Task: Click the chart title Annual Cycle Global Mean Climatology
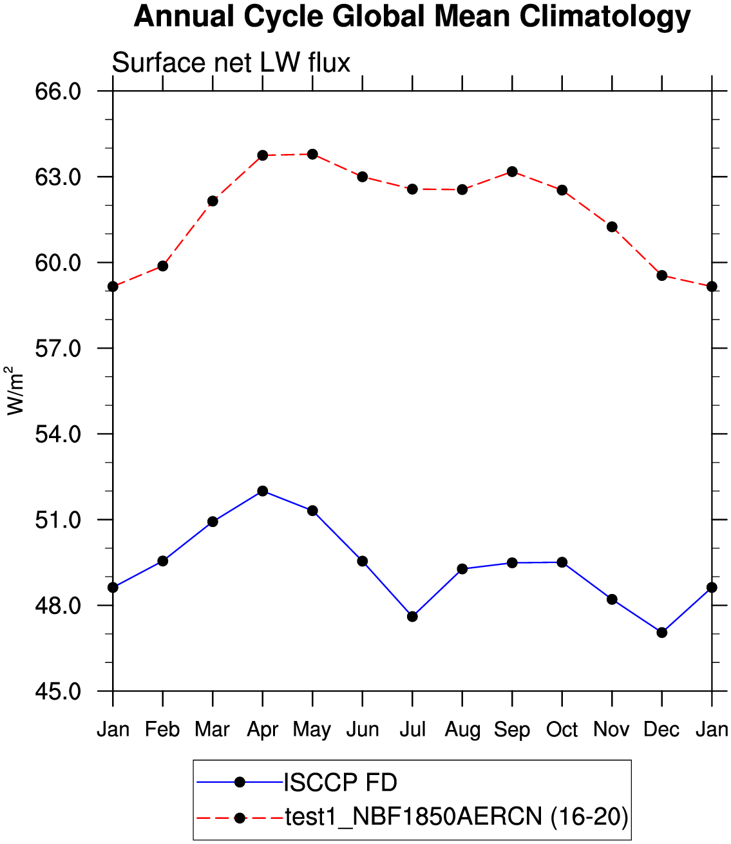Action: coord(412,17)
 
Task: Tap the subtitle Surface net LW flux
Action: coord(231,63)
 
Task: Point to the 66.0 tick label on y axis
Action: coord(58,91)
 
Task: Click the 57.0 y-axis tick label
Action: coord(58,349)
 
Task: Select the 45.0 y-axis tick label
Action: coord(58,691)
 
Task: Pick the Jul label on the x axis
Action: coord(412,729)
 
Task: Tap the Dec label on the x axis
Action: coord(661,729)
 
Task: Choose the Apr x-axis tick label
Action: coord(262,729)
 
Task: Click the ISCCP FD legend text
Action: coord(340,783)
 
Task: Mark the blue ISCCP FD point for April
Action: coord(263,491)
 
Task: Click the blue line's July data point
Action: coord(412,617)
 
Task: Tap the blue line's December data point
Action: coord(662,633)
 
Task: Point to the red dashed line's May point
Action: coord(312,154)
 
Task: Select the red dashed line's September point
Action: coord(512,171)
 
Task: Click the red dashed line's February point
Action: coord(163,266)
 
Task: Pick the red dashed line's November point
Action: coord(612,227)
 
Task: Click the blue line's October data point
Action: coord(562,562)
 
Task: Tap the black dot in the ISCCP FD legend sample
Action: coord(240,783)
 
